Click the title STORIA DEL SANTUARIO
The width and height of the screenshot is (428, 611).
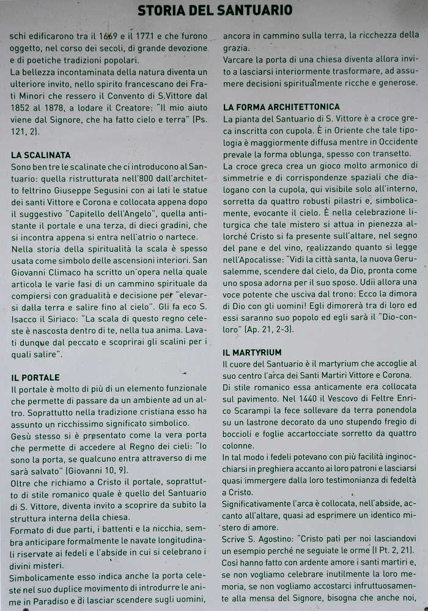[215, 10]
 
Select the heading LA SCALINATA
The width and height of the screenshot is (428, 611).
[41, 155]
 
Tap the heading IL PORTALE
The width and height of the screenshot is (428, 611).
[35, 378]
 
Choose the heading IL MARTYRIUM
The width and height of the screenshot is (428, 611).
[253, 353]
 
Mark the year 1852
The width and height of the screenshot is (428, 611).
[21, 108]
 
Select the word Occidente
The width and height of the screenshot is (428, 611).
[396, 142]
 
